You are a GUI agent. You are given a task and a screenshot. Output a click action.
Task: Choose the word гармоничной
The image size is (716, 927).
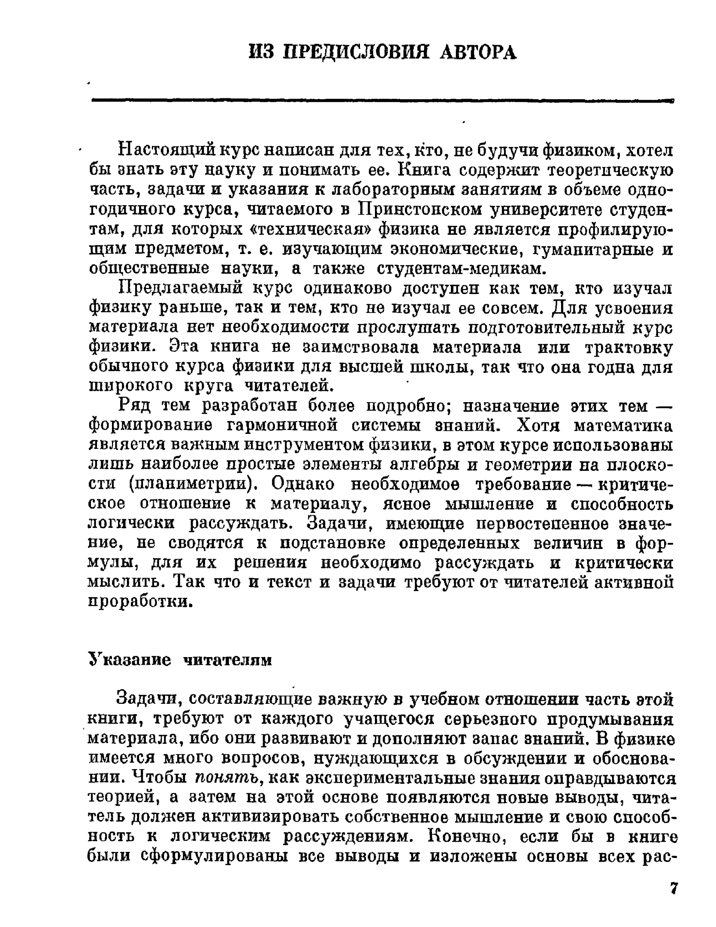[281, 426]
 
